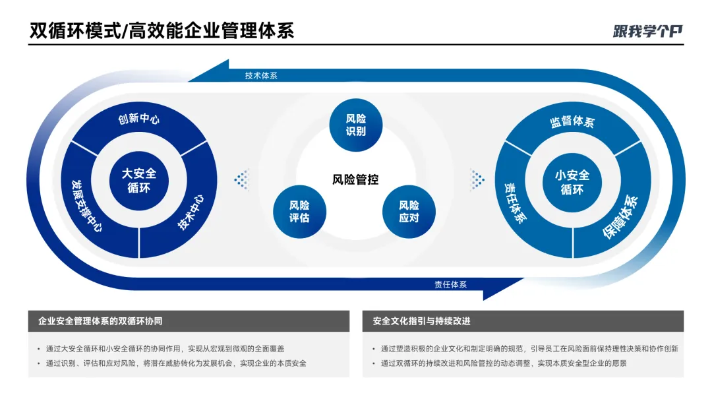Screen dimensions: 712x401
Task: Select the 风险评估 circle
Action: tap(299, 211)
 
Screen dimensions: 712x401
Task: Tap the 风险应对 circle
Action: tap(409, 211)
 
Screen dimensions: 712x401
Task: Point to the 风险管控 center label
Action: tap(355, 179)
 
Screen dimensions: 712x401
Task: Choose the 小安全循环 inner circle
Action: tap(572, 182)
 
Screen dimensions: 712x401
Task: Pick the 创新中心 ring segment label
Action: tap(139, 119)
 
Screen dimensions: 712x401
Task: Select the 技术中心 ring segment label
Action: tap(192, 211)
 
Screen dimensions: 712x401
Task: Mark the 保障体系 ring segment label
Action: tap(620, 217)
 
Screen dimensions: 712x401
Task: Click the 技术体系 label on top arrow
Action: tap(261, 76)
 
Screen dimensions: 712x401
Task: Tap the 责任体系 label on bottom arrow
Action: tap(450, 284)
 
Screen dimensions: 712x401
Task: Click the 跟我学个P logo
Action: tap(647, 30)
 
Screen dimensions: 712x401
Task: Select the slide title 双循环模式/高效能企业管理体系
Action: tap(162, 30)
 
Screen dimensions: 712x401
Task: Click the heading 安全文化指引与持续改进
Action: tap(421, 321)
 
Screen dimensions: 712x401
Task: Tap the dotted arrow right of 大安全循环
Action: tap(242, 179)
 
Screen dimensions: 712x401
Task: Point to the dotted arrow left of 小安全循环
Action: tap(477, 179)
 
